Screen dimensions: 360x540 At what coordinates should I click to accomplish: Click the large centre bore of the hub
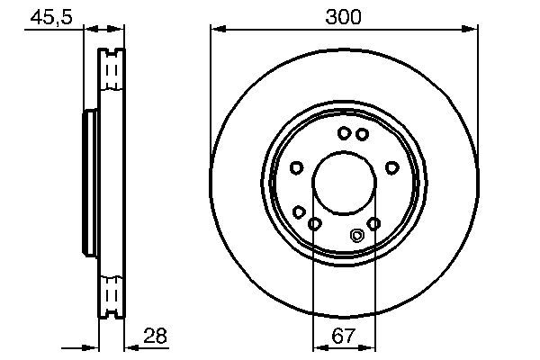(x=343, y=184)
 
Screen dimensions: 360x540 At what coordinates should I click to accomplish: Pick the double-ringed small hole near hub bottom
(x=355, y=237)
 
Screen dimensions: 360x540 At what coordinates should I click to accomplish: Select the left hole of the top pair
(x=344, y=133)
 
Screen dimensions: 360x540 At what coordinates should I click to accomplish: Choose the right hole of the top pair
(x=362, y=134)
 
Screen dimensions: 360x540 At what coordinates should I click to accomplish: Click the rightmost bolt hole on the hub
(x=391, y=166)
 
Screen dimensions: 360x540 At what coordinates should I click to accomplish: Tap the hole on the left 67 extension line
(x=314, y=223)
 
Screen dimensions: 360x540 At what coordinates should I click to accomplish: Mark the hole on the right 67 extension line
(x=373, y=223)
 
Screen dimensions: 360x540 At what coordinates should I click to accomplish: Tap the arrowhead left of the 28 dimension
(x=91, y=347)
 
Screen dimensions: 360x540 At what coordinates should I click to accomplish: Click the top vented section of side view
(x=112, y=68)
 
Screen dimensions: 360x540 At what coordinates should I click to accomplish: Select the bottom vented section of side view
(x=112, y=294)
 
